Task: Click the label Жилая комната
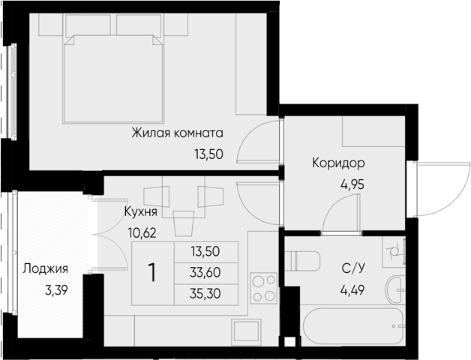(177, 133)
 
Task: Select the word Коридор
(338, 162)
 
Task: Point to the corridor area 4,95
(338, 181)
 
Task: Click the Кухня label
(140, 211)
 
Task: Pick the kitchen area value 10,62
(142, 231)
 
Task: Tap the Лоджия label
(46, 269)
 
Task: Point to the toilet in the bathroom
(307, 261)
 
